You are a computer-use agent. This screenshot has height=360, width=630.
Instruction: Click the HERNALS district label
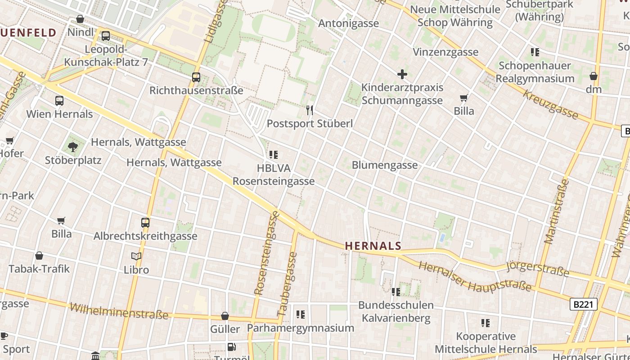[x=373, y=246]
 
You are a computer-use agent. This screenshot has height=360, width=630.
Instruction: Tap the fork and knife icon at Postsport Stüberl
[x=310, y=110]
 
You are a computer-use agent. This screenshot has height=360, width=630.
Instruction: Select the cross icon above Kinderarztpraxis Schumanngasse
[x=402, y=74]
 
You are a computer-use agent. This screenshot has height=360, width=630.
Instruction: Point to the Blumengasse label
[x=384, y=165]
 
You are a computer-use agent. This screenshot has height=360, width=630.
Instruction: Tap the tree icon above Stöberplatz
[x=73, y=147]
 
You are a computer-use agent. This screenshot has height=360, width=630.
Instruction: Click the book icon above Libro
[x=136, y=256]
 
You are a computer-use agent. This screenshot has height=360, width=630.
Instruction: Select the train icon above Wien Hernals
[x=59, y=101]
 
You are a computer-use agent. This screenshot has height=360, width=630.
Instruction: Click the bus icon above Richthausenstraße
[x=196, y=77]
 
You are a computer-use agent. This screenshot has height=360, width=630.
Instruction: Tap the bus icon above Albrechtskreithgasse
[x=145, y=222]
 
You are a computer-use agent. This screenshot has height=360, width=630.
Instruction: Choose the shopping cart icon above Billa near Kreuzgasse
[x=464, y=98]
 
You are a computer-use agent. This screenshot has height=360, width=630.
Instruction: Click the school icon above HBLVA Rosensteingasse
[x=273, y=155]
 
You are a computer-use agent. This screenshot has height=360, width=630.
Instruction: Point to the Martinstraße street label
[x=557, y=211]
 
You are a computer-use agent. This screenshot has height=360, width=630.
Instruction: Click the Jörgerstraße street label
[x=537, y=269]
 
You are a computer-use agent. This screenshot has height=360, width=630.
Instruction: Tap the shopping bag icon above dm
[x=594, y=76]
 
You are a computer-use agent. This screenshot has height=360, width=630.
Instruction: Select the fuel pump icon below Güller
[x=231, y=346]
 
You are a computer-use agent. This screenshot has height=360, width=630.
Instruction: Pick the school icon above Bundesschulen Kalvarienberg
[x=396, y=292]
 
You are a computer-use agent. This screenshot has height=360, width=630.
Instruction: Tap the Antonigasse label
[x=348, y=23]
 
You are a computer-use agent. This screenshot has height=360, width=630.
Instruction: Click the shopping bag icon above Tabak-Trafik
[x=39, y=256]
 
